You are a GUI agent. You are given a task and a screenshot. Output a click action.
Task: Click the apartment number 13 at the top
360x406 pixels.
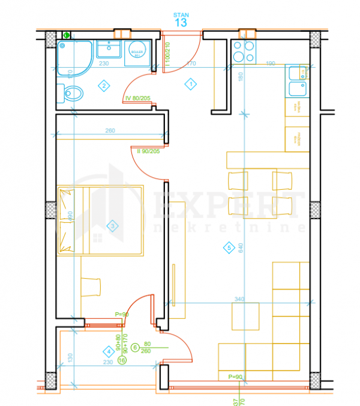coord(180,22)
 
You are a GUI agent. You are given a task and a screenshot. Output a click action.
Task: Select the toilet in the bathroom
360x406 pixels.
coord(72,94)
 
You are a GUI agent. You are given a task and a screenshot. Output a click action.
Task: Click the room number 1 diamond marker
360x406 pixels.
coord(190,84)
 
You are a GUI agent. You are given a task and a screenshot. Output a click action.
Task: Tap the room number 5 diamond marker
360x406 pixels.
coord(228,246)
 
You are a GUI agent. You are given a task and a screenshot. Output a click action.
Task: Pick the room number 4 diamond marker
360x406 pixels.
coord(108,351)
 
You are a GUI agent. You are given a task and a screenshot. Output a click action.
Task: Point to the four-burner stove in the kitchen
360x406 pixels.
coord(244,52)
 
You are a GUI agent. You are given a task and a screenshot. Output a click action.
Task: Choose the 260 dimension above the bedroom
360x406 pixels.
coord(110,131)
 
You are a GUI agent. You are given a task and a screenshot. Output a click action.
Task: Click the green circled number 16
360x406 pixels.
coord(122,360)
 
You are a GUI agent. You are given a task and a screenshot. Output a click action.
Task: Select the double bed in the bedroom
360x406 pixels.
coord(100,220)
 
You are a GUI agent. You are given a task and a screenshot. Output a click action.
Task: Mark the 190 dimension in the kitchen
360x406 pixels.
coord(270,63)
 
